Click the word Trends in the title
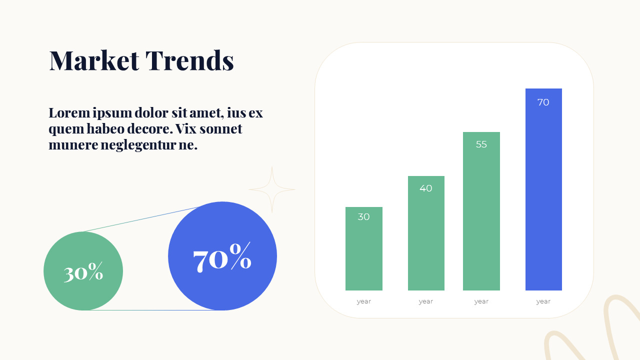189,60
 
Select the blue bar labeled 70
543,200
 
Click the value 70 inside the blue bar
543,102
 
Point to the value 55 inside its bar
481,144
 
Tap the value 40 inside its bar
426,188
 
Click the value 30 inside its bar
363,217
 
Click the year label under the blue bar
543,301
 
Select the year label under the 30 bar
363,301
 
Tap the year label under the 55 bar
481,301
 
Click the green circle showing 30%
83,271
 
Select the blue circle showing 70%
222,256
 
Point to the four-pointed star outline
272,189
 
